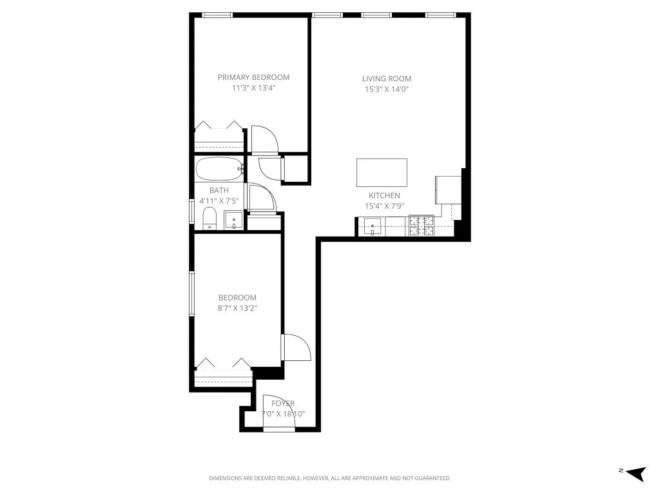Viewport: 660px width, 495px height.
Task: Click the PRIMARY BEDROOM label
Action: coord(253,77)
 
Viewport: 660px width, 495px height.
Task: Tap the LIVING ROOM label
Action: coord(386,79)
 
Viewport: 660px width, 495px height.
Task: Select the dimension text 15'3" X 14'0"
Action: coord(386,90)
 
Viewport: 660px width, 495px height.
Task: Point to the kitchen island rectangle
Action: coord(382,172)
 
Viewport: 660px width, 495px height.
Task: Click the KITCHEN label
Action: coord(384,196)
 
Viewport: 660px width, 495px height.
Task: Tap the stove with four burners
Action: coord(421,226)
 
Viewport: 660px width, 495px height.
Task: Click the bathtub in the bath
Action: coord(219,170)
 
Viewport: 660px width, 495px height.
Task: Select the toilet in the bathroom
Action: coord(209,218)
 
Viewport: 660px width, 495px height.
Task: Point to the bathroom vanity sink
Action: coord(233,221)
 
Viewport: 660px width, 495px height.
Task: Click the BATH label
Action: coord(219,190)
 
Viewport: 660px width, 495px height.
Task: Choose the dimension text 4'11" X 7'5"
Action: coord(219,201)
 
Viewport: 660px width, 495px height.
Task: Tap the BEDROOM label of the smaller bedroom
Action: coord(237,298)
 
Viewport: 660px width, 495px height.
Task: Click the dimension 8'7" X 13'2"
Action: coord(237,308)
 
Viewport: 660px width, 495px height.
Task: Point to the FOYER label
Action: coord(283,403)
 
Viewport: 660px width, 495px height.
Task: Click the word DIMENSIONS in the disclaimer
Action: coord(228,478)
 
